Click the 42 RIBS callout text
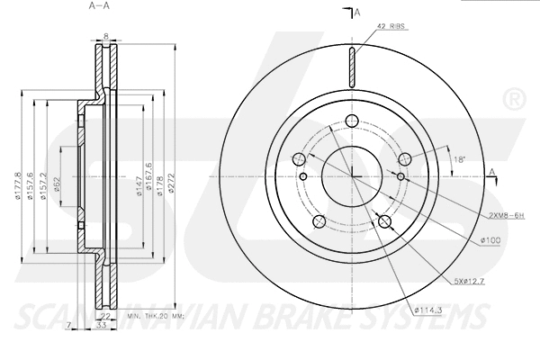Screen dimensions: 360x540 [391, 28]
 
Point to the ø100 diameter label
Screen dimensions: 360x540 [490, 240]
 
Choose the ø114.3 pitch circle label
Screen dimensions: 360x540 [428, 310]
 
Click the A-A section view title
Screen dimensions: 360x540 [100, 6]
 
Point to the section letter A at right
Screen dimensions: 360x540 [492, 171]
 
